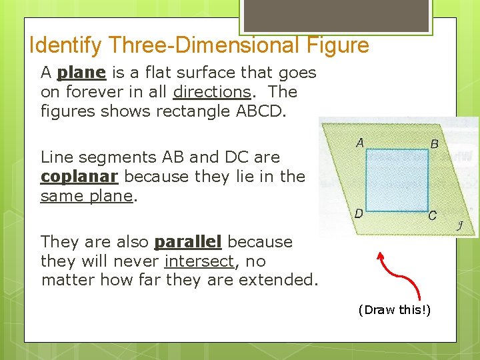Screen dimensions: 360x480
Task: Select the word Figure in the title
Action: (342, 45)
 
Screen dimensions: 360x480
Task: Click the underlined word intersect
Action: (199, 261)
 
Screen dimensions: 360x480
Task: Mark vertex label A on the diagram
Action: (359, 143)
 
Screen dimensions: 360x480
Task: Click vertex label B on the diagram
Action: (434, 143)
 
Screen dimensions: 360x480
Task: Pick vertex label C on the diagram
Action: (432, 215)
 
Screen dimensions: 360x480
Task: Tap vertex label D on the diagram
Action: (359, 214)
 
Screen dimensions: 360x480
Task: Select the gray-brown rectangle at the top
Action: (337, 15)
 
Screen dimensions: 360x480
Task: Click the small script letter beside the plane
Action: (459, 225)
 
